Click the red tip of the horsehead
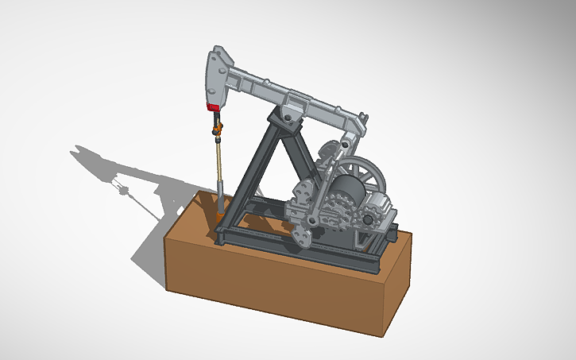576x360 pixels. tap(213, 106)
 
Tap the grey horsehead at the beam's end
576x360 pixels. tap(217, 75)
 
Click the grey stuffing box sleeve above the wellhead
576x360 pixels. tap(219, 195)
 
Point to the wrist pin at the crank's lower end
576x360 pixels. tap(315, 219)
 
